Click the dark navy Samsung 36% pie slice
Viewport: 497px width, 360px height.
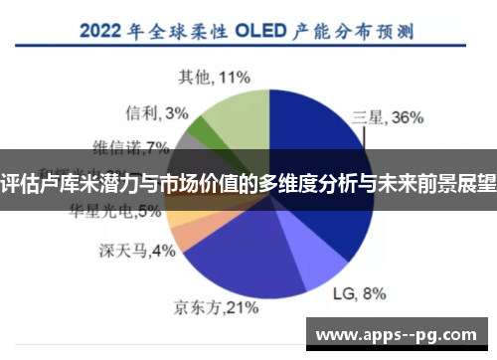coord(318,149)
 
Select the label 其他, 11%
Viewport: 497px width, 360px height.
coord(213,75)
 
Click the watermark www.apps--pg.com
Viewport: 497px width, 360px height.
coord(403,335)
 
